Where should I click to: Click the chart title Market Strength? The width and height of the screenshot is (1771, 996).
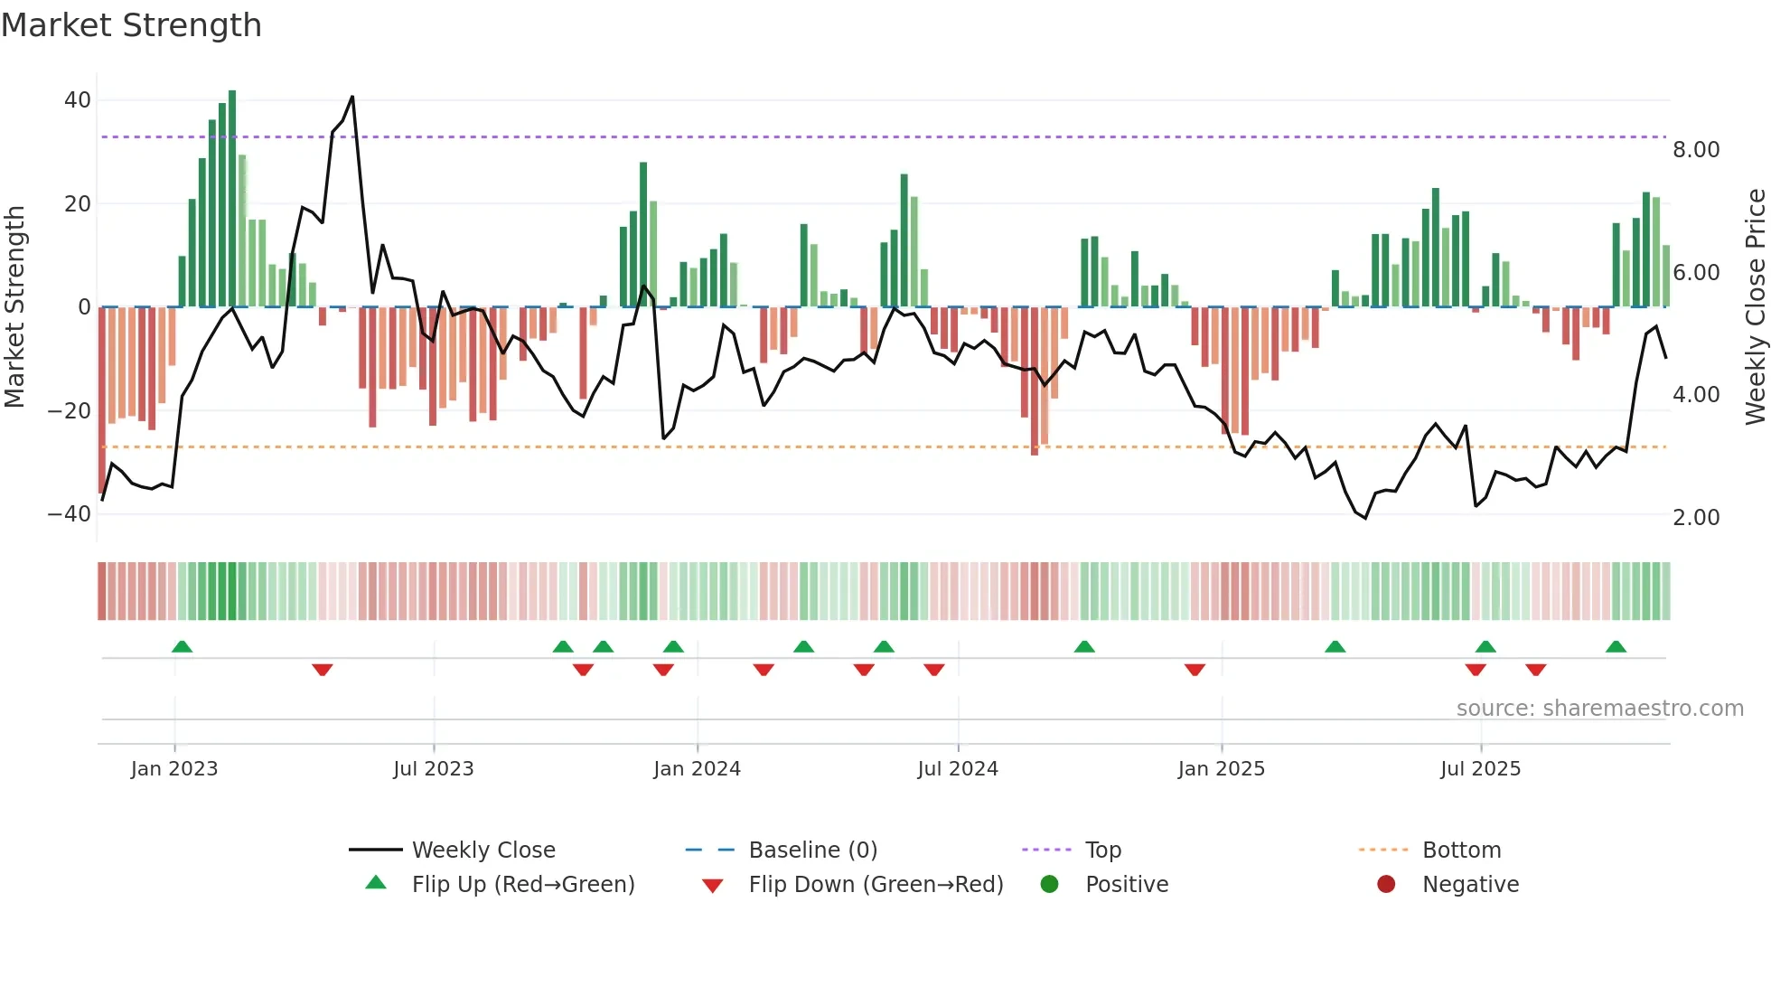131,25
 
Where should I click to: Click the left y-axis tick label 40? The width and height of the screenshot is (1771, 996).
78,100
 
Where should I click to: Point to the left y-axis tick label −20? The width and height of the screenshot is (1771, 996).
70,411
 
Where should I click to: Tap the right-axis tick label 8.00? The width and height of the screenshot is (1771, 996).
1695,150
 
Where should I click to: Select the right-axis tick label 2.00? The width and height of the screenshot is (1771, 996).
1695,518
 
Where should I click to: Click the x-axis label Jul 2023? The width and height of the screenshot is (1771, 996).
433,769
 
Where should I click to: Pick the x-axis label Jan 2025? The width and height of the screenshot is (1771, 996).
1221,769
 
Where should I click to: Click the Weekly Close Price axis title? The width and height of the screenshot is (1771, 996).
1755,307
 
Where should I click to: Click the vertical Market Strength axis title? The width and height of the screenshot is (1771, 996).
15,307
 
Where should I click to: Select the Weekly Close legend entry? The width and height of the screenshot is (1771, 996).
483,850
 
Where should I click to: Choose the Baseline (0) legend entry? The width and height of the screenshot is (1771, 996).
812,850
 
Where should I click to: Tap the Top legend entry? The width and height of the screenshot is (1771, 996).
1102,850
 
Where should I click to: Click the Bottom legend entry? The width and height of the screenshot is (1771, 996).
1461,850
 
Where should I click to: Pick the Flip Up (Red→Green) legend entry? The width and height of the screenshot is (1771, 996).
522,885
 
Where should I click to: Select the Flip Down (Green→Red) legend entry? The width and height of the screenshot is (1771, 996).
875,885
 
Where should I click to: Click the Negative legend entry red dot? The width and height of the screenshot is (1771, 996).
1386,885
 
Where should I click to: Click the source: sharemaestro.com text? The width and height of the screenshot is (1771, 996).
1599,709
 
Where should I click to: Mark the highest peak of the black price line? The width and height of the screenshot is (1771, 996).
352,97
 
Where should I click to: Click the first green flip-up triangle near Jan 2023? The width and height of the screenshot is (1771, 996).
182,647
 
